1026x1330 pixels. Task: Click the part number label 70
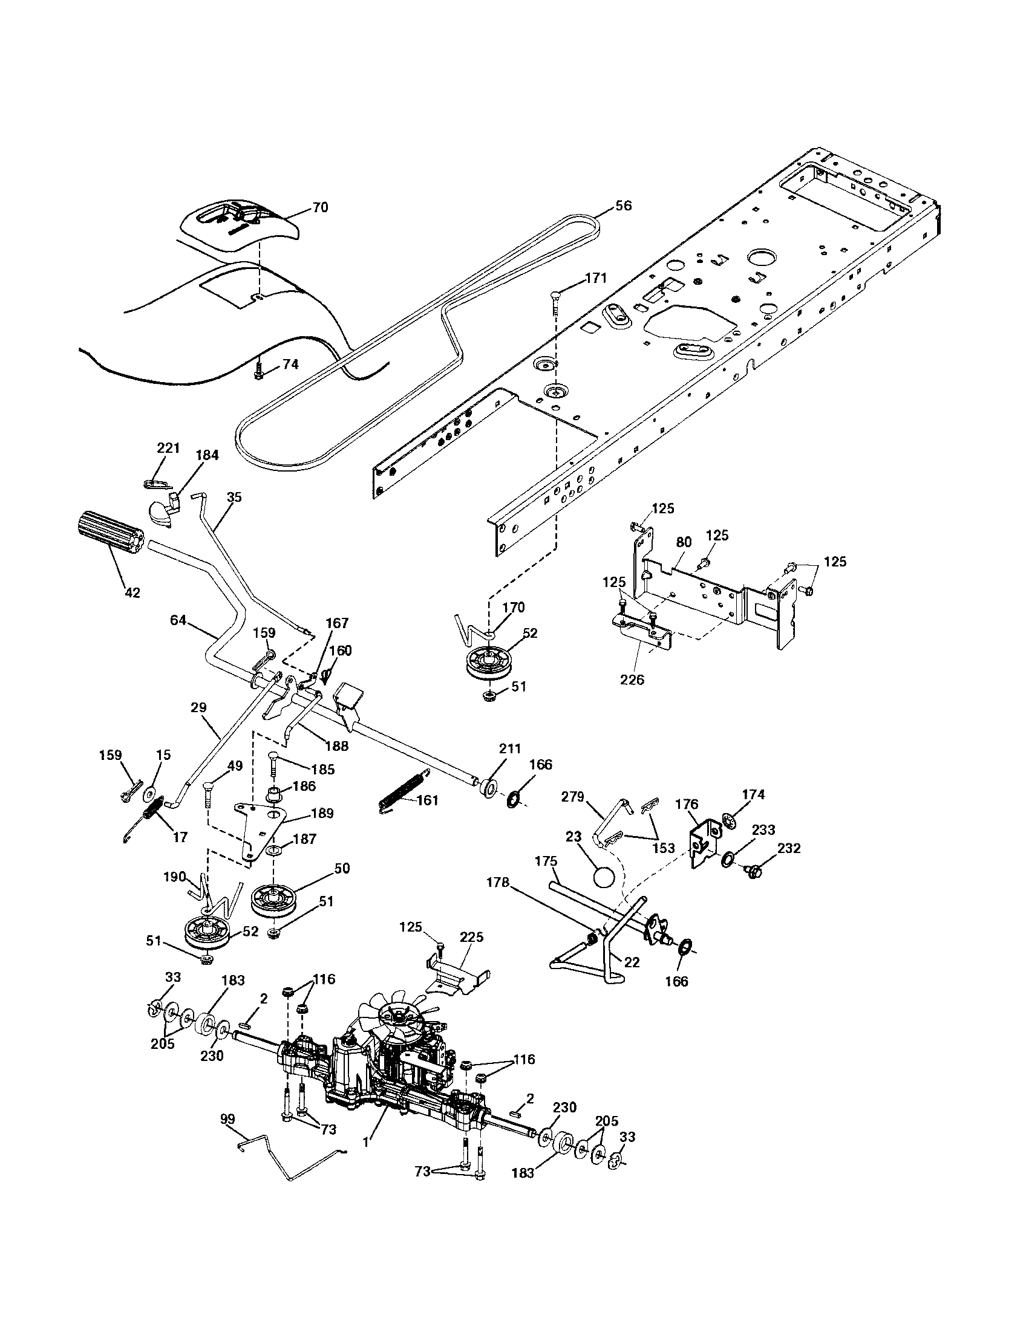[x=320, y=207]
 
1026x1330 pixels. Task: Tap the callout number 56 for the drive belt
[x=623, y=205]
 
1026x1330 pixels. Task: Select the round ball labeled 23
[x=603, y=879]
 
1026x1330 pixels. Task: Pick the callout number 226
[x=631, y=680]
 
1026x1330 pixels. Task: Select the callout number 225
[x=472, y=936]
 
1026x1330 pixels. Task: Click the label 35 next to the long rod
[x=234, y=497]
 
